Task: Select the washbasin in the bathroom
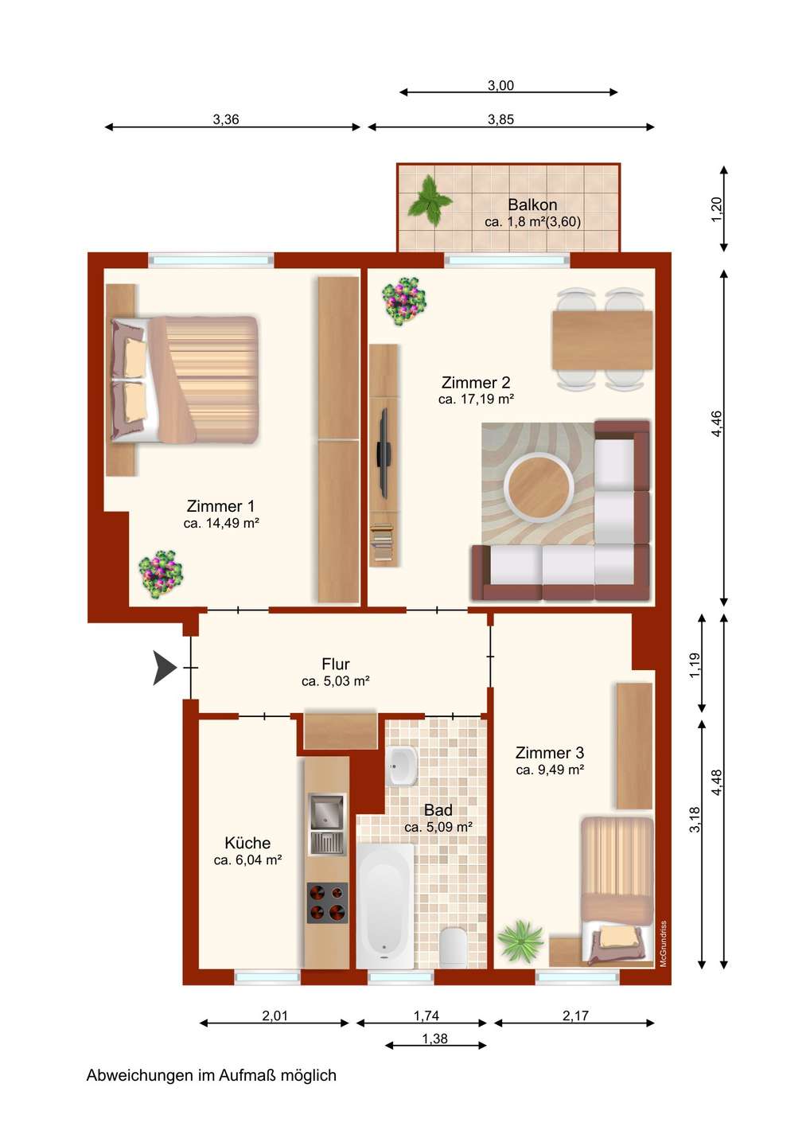(x=402, y=766)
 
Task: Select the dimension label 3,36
(x=226, y=119)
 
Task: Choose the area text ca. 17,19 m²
(x=476, y=399)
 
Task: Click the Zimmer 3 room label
(x=550, y=753)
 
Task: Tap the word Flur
(x=336, y=664)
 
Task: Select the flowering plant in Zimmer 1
(x=161, y=574)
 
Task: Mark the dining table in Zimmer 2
(x=602, y=339)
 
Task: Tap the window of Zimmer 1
(x=211, y=260)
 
